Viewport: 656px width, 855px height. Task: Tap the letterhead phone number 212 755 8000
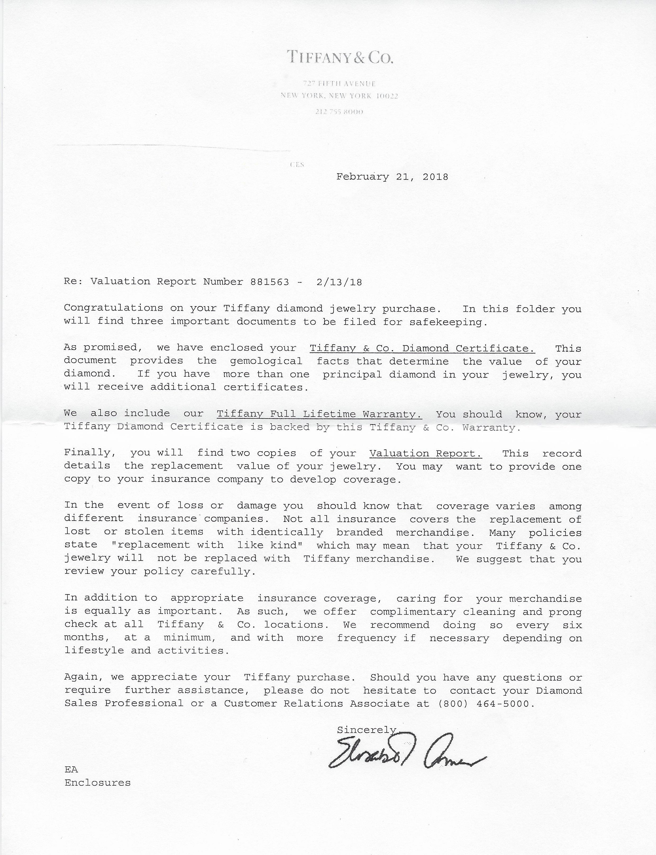point(339,112)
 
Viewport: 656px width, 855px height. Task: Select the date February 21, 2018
point(392,177)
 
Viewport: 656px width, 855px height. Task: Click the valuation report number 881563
point(270,282)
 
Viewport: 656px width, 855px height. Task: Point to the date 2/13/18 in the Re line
point(339,282)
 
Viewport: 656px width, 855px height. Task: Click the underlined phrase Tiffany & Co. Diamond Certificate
point(422,348)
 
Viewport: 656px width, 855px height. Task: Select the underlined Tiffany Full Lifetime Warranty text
point(319,414)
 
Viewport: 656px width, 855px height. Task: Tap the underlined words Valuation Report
point(425,453)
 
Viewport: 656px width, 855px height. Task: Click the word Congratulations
point(113,308)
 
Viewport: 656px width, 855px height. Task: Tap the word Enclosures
point(98,783)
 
